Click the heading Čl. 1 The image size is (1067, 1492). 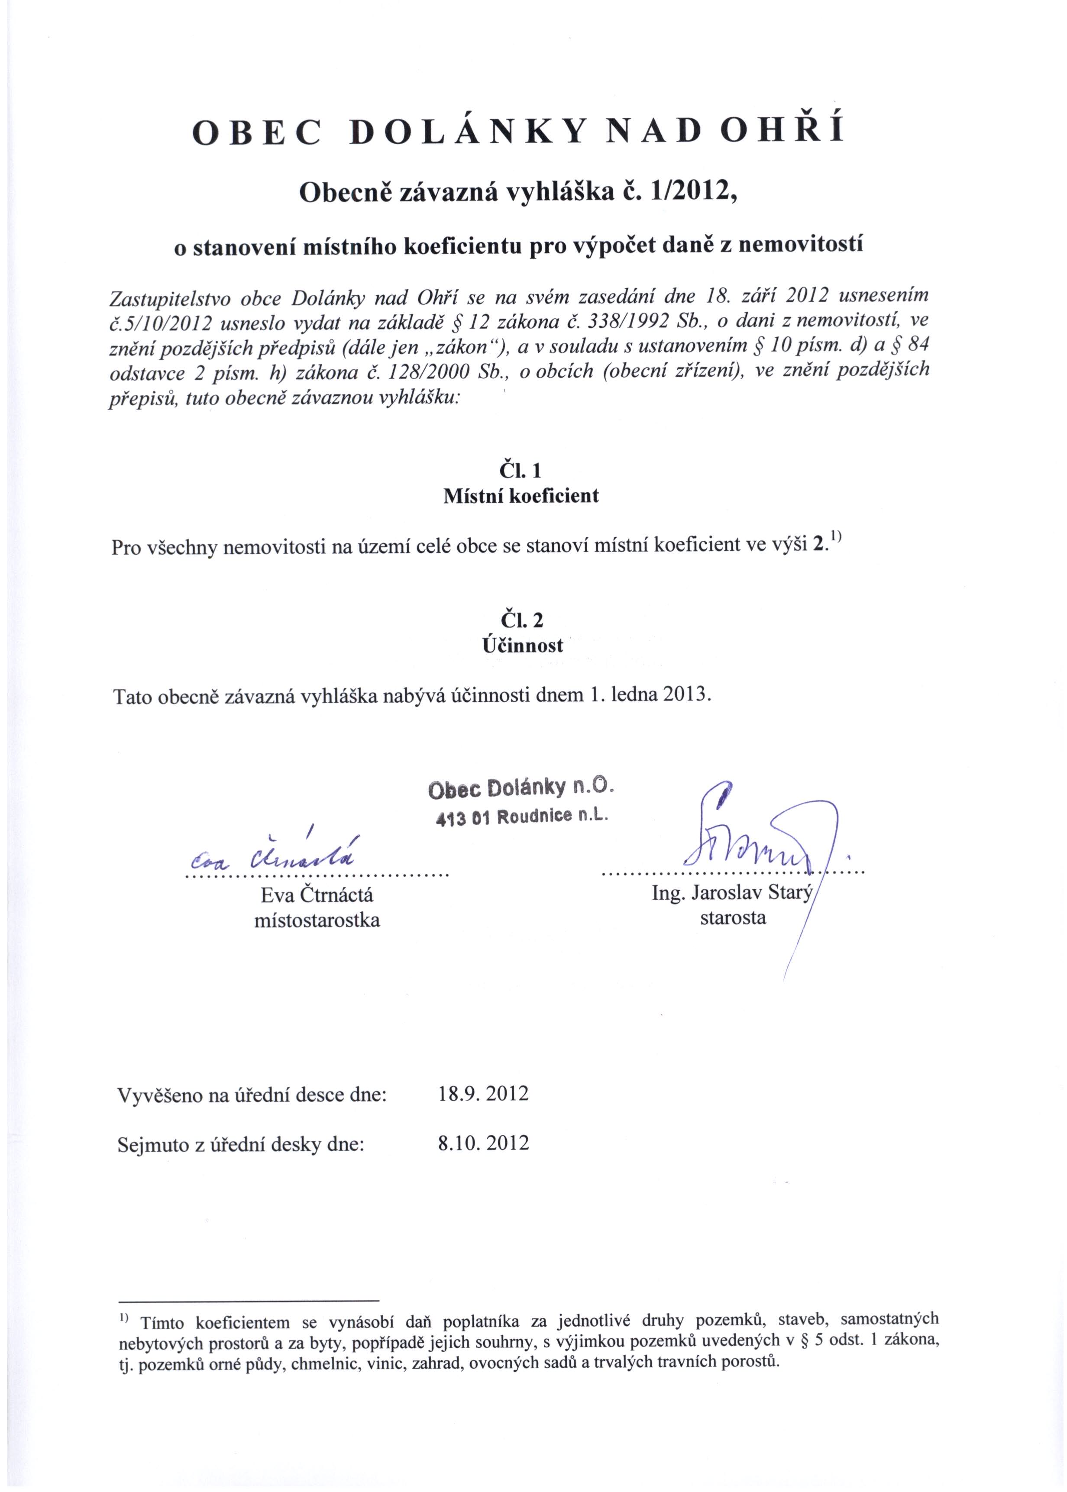coord(521,470)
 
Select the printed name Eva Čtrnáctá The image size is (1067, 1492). coord(317,895)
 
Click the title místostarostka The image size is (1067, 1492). coord(317,920)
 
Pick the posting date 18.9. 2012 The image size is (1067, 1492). coord(483,1094)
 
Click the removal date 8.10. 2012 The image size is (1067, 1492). coord(483,1143)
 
